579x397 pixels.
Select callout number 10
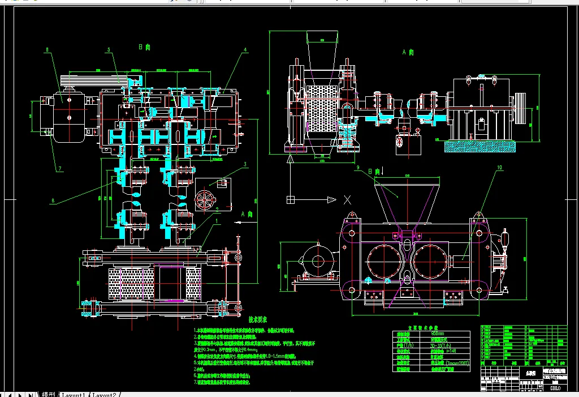[x=499, y=168]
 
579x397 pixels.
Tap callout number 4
[x=245, y=50]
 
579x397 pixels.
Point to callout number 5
[x=108, y=50]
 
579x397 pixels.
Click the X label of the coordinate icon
[x=347, y=199]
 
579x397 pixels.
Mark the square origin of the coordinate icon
[x=291, y=199]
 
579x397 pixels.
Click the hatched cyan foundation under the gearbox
[x=480, y=146]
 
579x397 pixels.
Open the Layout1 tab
[x=73, y=394]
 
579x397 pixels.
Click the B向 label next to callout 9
[x=374, y=170]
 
